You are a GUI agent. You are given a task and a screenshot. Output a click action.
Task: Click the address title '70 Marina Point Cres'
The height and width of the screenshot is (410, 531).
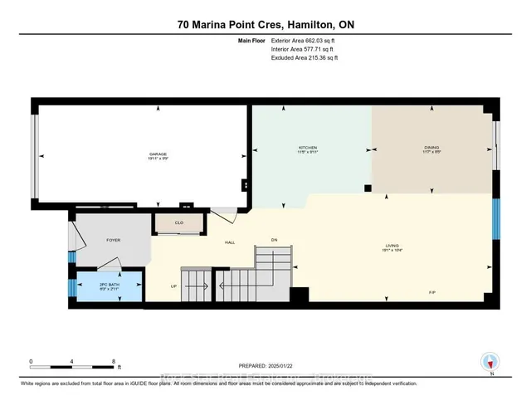230,24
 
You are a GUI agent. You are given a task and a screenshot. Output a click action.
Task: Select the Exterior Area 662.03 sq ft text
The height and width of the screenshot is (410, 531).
306,41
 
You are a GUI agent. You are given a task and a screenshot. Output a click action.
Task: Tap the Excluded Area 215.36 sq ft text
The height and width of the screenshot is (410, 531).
305,58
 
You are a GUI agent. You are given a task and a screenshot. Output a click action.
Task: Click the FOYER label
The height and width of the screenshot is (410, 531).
114,240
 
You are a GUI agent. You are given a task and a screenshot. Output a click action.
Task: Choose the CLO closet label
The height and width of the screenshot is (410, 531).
178,222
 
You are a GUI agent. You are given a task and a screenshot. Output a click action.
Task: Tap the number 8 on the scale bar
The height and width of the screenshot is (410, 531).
114,361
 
